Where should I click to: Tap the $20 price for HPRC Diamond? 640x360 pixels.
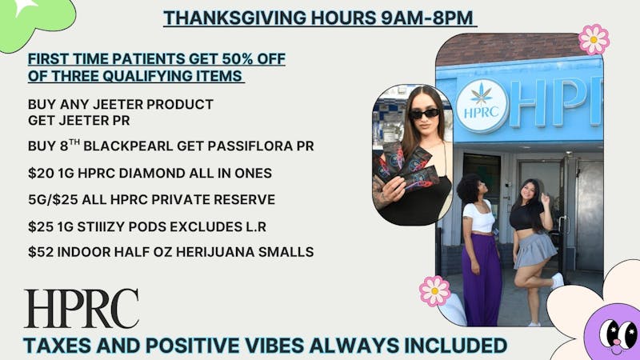click(x=40, y=173)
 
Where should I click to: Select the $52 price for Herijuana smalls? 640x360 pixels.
click(x=40, y=252)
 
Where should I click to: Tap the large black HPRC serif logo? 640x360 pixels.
click(x=81, y=309)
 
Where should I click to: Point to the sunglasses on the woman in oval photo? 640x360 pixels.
click(x=425, y=114)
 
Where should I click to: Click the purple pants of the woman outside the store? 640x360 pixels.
click(x=482, y=276)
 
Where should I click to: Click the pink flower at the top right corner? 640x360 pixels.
click(x=594, y=38)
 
